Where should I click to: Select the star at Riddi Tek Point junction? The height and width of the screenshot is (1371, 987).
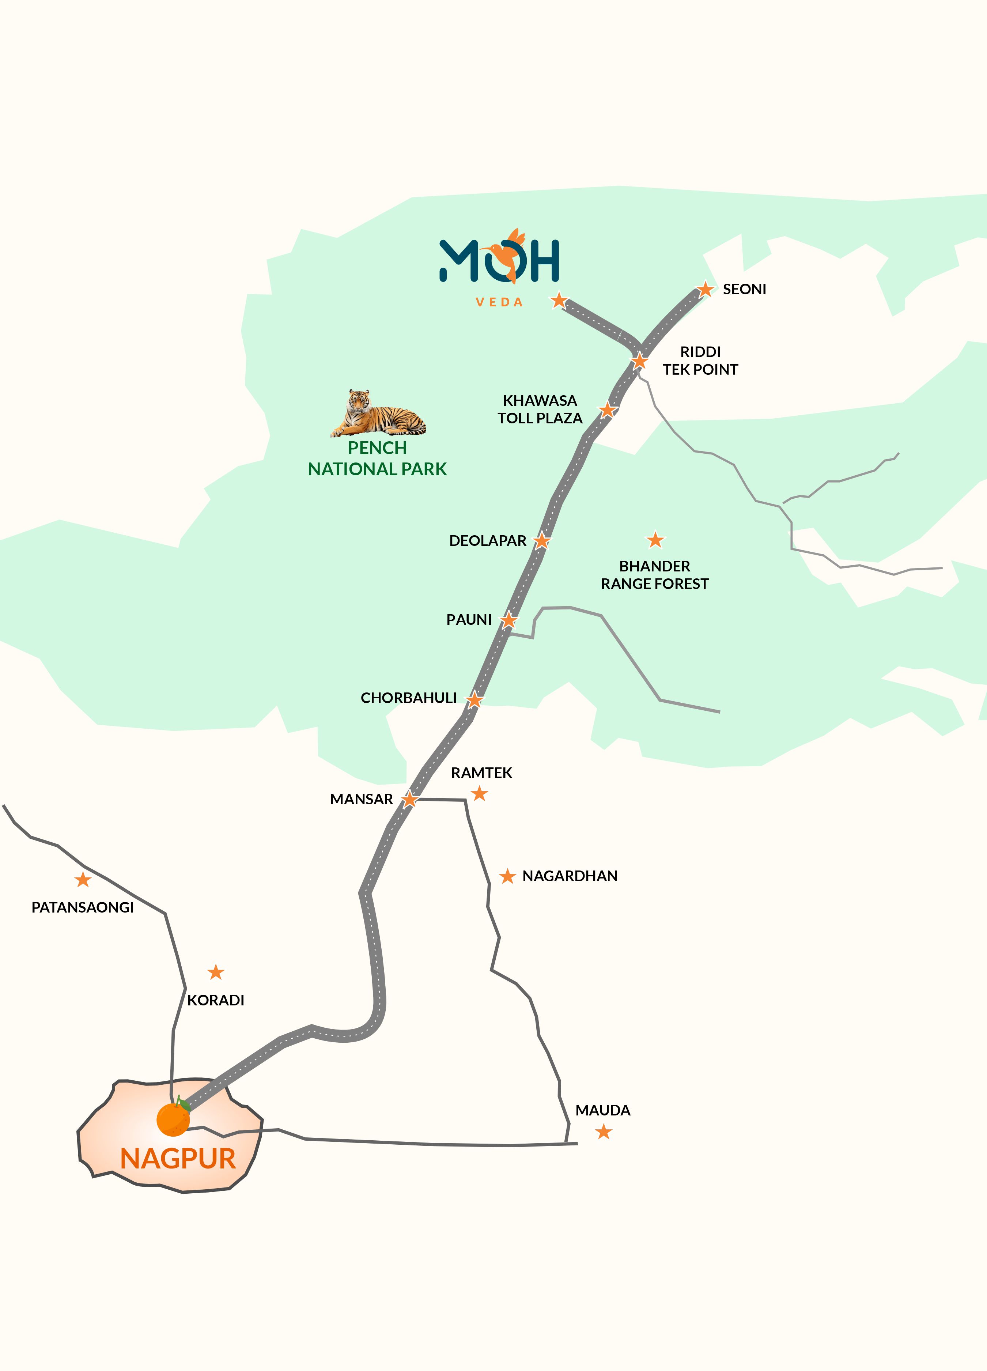[x=639, y=362]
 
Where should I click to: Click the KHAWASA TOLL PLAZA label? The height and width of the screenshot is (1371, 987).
[x=540, y=409]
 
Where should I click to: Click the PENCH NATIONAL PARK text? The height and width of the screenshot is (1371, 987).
[x=377, y=458]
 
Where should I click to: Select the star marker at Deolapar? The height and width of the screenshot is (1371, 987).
[x=541, y=540]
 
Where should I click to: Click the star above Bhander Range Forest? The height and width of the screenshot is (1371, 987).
[x=655, y=540]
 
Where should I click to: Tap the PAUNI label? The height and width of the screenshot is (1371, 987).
[x=468, y=620]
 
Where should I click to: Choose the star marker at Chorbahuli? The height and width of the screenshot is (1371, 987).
[x=474, y=700]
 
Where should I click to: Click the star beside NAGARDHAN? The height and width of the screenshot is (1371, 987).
[x=507, y=876]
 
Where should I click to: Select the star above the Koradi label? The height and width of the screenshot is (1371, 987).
[x=216, y=972]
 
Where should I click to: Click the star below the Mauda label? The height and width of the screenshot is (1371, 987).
[x=603, y=1132]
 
